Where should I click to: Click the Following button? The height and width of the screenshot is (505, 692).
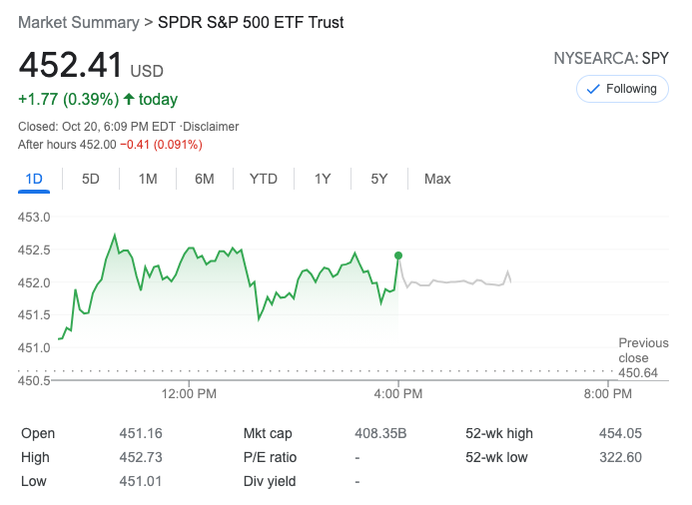pos(621,89)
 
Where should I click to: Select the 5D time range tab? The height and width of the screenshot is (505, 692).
pos(91,179)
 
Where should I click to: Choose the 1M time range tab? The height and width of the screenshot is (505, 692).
pos(148,179)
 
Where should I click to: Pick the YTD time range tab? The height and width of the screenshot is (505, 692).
pos(264,179)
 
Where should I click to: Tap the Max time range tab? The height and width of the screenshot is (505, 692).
pos(437,179)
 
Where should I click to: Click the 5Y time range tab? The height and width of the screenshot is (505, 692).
pos(379,179)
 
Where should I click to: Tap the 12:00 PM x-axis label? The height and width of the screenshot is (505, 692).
pos(189,394)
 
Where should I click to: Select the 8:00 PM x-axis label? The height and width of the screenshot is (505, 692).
pos(606,394)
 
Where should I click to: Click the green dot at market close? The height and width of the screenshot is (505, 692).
pos(398,255)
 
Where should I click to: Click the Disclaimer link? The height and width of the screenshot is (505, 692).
pos(213,127)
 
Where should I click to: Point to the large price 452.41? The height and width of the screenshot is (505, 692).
pos(71,67)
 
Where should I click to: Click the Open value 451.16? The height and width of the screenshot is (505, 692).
pos(141,433)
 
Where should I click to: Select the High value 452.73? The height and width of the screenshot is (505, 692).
pos(141,457)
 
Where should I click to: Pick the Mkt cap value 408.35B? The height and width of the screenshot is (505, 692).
pos(380,433)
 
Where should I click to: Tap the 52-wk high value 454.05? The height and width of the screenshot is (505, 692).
pos(621,433)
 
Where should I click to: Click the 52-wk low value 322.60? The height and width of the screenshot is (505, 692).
pos(621,457)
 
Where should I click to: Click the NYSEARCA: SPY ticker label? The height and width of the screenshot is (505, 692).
pos(611,59)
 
